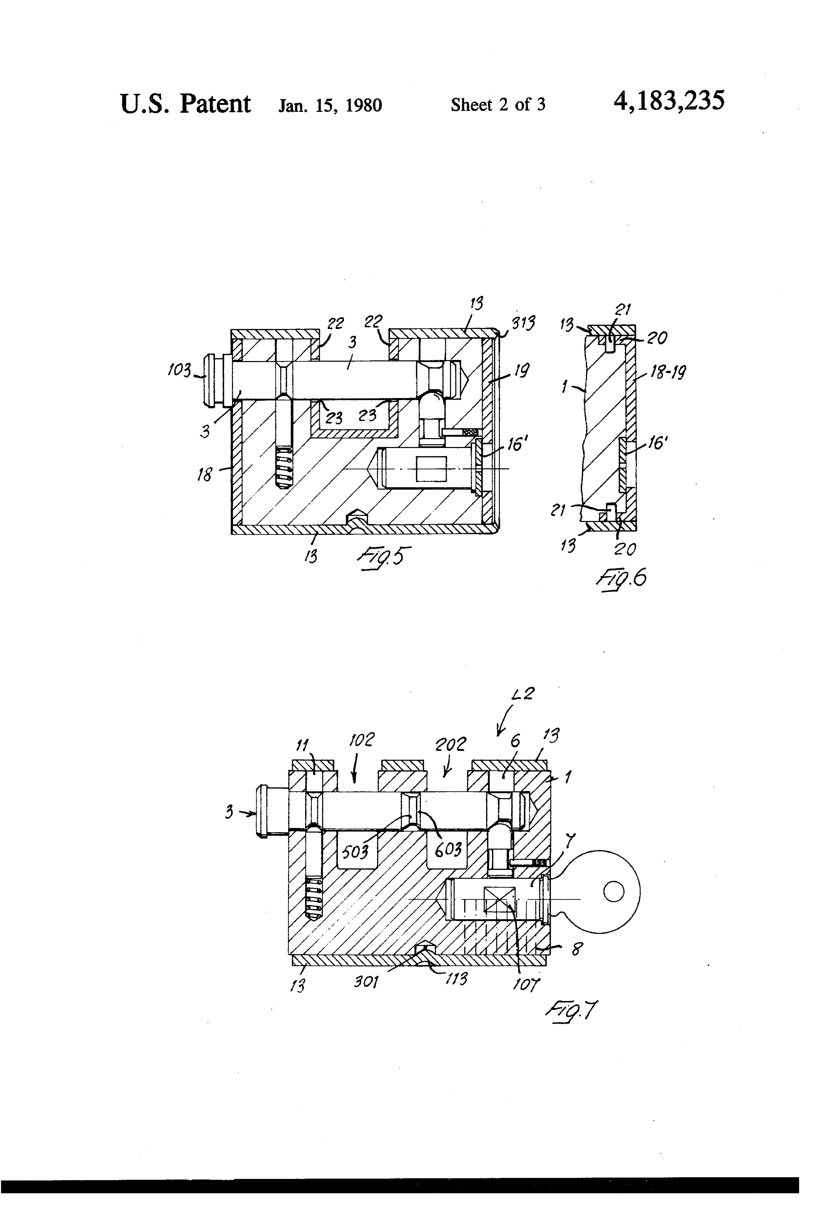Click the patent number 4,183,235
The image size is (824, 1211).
[x=669, y=101]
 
